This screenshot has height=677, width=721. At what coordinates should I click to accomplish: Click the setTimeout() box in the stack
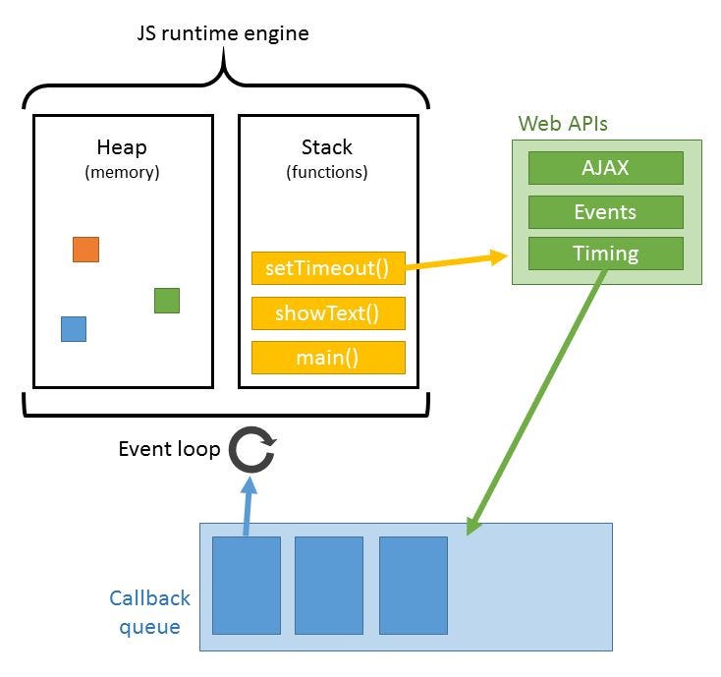[x=328, y=269]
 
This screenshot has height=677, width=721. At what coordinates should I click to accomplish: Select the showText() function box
[x=328, y=313]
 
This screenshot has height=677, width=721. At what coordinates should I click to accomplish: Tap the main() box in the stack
[x=328, y=358]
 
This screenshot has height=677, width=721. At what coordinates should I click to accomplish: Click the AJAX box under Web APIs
[x=605, y=168]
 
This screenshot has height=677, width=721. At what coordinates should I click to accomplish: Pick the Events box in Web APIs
[x=605, y=211]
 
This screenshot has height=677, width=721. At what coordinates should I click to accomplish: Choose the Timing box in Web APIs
[x=605, y=254]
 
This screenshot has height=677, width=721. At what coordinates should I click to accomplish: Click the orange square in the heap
[x=85, y=250]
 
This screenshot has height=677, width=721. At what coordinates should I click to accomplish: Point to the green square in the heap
[x=167, y=301]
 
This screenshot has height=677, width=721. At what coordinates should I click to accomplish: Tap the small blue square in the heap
[x=74, y=329]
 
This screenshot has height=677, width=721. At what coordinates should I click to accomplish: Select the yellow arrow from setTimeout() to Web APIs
[x=457, y=261]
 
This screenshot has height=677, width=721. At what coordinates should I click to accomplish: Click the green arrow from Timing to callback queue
[x=535, y=403]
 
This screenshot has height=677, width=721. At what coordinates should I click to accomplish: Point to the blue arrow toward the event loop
[x=249, y=506]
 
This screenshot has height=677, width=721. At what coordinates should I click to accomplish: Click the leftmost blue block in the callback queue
[x=246, y=585]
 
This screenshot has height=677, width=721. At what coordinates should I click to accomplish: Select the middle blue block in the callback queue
[x=329, y=585]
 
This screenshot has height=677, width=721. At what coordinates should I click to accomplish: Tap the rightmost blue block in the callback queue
[x=414, y=585]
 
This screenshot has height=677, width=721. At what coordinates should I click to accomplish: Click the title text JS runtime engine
[x=222, y=34]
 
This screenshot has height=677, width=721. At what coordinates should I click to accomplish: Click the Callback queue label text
[x=149, y=611]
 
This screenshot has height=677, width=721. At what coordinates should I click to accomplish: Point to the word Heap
[x=122, y=148]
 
